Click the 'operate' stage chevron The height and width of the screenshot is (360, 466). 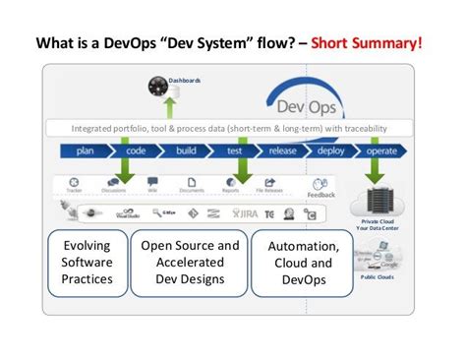point(381,151)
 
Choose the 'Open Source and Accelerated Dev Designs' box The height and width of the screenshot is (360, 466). point(190,264)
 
